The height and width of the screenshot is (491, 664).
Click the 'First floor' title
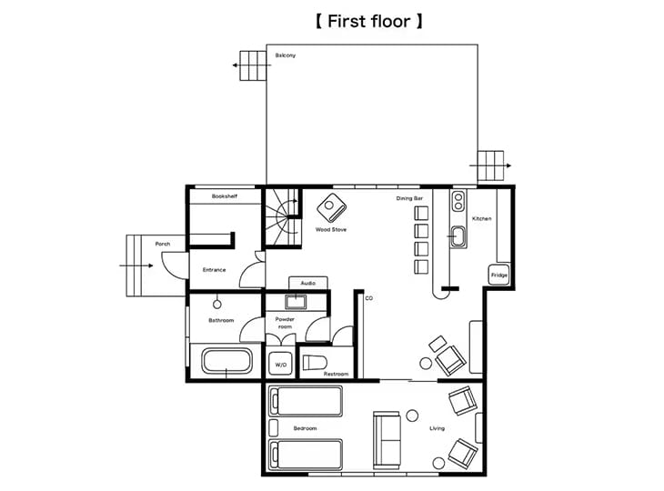coord(369,21)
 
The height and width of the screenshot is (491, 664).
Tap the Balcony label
coord(286,55)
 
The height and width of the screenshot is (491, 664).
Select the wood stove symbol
coord(332,207)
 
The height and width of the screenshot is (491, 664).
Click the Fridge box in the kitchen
coord(498,275)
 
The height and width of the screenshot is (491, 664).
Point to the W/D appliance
coord(281,364)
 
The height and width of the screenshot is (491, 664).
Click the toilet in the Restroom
coord(315,363)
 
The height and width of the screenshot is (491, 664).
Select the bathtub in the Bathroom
coord(226,361)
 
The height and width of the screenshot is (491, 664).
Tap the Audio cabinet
coord(308,283)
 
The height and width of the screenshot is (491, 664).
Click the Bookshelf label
coord(225,196)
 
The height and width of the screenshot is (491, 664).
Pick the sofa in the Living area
coord(387,439)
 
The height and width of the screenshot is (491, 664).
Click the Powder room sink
coord(295,302)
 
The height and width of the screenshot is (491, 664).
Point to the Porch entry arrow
coord(136,266)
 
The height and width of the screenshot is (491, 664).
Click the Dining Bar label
coord(409,198)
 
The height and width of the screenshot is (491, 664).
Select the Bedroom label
coord(305,428)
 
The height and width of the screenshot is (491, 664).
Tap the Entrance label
coord(215,270)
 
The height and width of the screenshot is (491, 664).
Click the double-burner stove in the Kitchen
coord(458,201)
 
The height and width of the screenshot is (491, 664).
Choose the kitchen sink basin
coord(458,236)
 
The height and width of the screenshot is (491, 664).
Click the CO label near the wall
coord(369,298)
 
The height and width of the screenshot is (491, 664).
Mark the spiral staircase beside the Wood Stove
coord(283,217)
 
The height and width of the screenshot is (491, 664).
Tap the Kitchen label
coord(482,218)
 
